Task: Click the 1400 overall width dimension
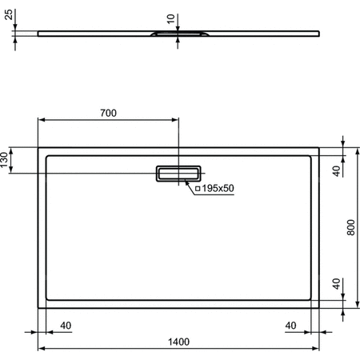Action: point(178,342)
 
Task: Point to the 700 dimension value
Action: point(108,113)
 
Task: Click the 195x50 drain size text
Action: point(218,188)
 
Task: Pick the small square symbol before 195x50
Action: point(198,188)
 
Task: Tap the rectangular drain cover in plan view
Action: point(178,174)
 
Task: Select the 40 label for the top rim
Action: point(337,170)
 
